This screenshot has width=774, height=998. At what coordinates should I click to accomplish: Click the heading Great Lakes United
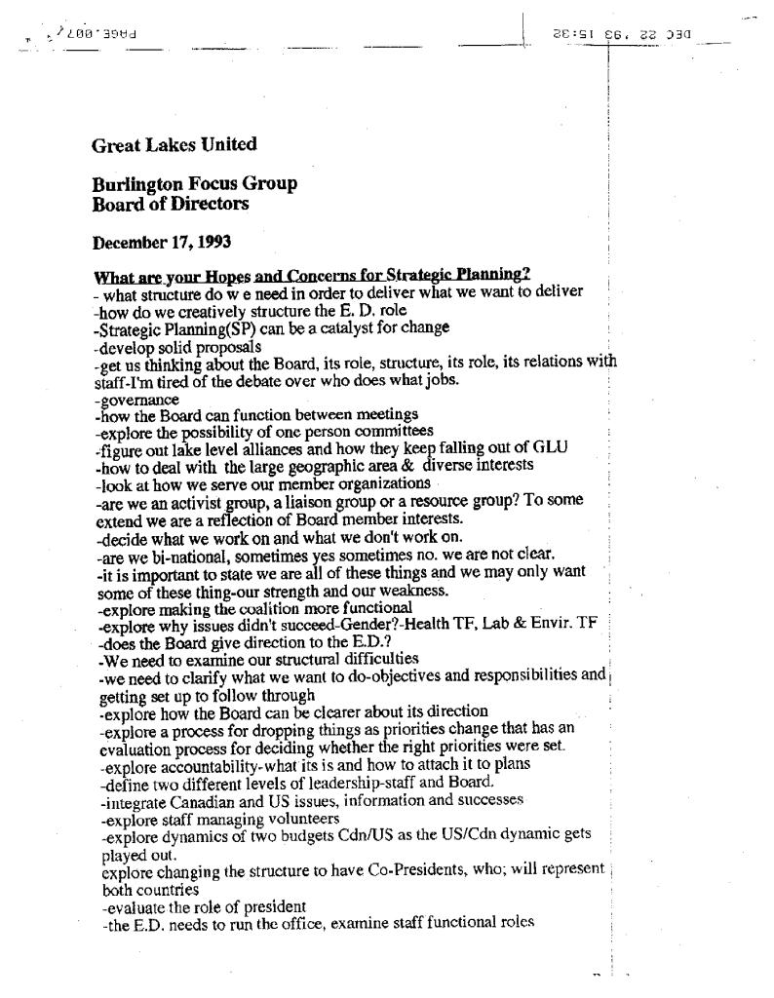pyautogui.click(x=174, y=145)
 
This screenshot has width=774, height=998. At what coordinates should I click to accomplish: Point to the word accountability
pyautogui.click(x=199, y=763)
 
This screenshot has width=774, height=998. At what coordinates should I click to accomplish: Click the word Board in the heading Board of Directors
pyautogui.click(x=117, y=205)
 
